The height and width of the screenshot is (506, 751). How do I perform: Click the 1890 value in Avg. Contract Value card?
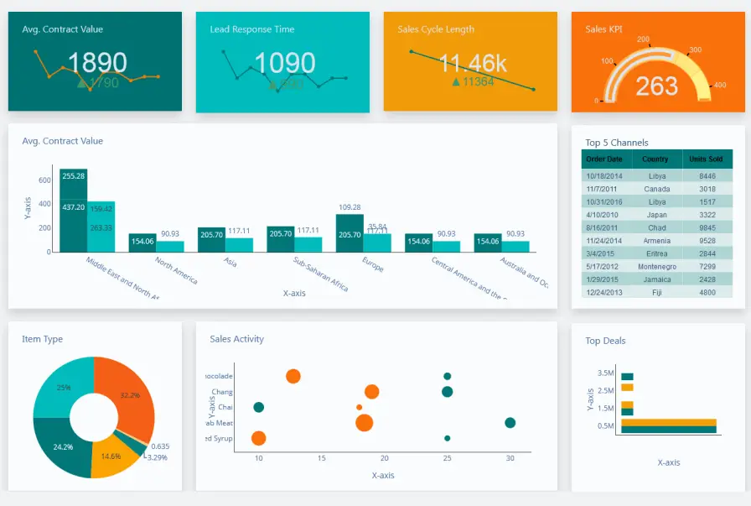pos(97,63)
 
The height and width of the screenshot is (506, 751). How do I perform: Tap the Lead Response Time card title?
pos(251,29)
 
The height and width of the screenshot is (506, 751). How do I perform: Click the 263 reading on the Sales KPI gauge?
pos(656,86)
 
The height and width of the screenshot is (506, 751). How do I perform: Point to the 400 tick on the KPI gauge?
pos(719,85)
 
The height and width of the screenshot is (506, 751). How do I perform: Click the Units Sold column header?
pos(706,159)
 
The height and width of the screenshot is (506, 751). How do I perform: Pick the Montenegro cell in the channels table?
pos(658,266)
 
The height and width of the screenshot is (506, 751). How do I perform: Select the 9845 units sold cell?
pos(707,227)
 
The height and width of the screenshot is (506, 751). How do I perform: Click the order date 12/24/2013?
pos(604,292)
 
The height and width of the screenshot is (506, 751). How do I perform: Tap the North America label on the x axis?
pos(177,270)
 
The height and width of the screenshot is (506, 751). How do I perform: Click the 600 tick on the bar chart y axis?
pos(44,180)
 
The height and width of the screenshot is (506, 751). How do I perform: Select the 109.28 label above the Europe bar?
pos(350,207)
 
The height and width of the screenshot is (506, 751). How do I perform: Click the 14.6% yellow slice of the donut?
pos(111,456)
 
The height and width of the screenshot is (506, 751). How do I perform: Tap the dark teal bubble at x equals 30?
pos(510,423)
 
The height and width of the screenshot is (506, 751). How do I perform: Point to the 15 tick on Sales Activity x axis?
pos(321,458)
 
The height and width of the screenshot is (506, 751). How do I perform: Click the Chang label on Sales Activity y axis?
pos(222,392)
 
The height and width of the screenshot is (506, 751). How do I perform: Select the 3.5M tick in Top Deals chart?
pos(606,373)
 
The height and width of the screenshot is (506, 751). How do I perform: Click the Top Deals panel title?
pos(605,341)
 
